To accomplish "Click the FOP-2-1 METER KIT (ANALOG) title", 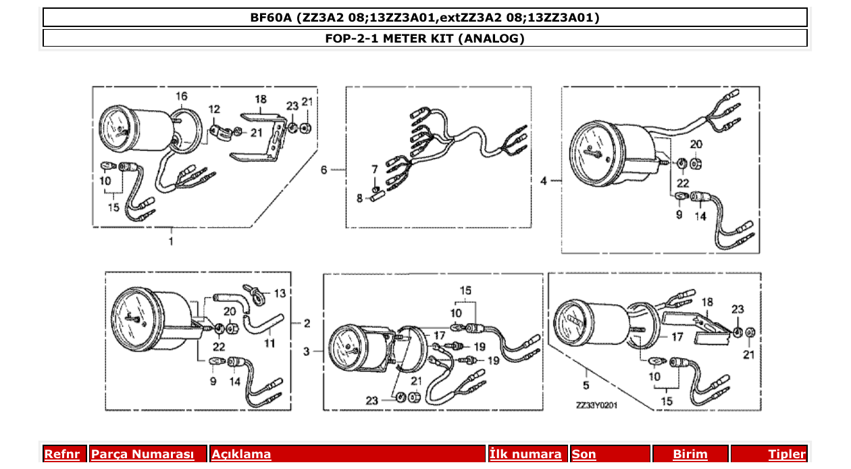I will tap(425, 39).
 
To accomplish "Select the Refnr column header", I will tap(62, 454).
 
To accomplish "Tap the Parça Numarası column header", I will tap(143, 454).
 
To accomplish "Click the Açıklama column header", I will tap(242, 454).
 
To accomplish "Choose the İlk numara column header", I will tap(525, 454).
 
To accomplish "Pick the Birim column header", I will tap(690, 454).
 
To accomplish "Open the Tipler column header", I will tap(787, 454).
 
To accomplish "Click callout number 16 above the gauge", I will tap(182, 95).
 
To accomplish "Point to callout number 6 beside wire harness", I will tap(324, 170).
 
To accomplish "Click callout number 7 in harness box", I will tap(374, 168).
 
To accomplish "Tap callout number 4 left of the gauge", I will tap(544, 180).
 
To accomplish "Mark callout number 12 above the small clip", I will tap(214, 109).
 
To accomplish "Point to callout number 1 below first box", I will tap(171, 241).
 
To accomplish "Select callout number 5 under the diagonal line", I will tap(586, 385).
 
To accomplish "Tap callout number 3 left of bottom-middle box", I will tap(306, 351).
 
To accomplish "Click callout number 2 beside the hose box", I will tap(307, 323).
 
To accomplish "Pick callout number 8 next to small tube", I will tap(360, 198).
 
